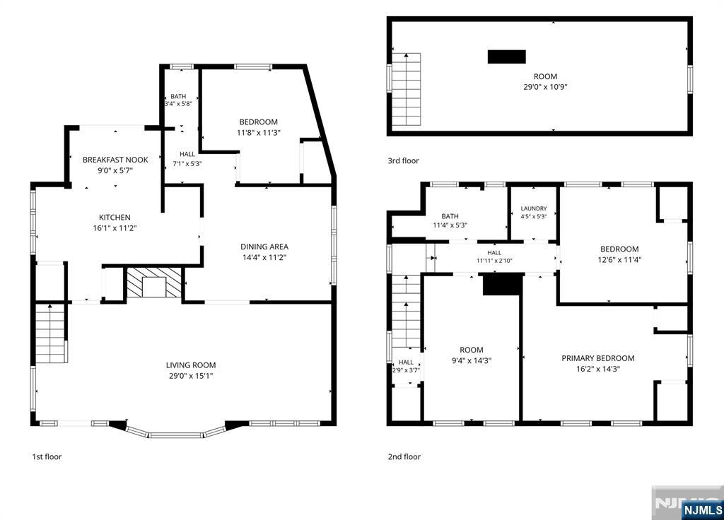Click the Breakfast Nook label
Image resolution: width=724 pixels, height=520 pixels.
coord(115,160)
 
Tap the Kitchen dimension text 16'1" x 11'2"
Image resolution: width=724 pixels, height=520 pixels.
coord(115,228)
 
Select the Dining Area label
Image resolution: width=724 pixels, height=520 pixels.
coord(264,247)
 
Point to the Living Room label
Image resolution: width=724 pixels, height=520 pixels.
coord(191,365)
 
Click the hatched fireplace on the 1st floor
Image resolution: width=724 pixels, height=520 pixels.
coord(154,283)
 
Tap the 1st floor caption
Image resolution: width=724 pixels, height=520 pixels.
coord(47,457)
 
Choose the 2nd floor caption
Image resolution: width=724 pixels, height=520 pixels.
coord(404,457)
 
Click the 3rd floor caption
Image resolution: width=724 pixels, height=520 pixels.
coord(404,160)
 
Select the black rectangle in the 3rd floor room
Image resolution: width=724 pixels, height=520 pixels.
coord(507,57)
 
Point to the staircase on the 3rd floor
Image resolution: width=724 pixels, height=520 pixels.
coord(407,90)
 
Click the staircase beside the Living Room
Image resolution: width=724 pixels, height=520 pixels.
coord(50,333)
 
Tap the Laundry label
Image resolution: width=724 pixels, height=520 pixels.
coord(534,208)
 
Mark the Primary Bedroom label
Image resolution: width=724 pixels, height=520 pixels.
coord(598,358)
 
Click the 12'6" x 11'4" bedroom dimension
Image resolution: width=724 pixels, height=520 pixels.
coord(619,260)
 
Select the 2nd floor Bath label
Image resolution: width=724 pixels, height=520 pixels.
coord(450,216)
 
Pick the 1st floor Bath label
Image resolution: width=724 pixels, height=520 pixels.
coord(178,96)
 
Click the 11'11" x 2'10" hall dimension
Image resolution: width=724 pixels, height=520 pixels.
coord(494,261)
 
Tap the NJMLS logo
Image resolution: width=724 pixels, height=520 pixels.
coord(702,510)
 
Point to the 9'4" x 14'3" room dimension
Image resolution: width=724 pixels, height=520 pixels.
coord(472,361)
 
